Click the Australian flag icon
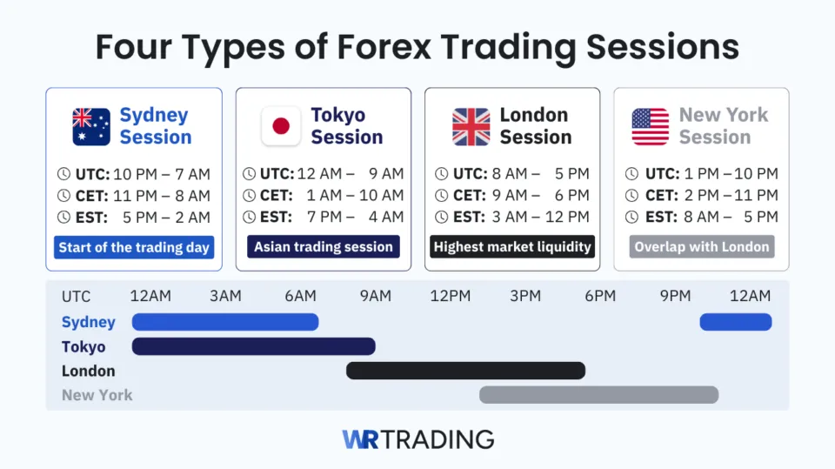[91, 126]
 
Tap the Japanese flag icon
[281, 126]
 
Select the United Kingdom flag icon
[471, 126]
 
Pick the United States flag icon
[651, 126]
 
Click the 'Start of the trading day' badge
[134, 247]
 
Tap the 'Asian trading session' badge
[324, 247]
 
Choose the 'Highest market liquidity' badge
[512, 247]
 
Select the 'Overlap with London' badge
[702, 247]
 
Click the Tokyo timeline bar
[253, 346]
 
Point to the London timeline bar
[465, 371]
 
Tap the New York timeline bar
[598, 395]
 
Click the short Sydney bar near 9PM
[736, 322]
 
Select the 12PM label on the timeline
[451, 296]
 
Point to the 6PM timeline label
[600, 296]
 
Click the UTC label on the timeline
[76, 297]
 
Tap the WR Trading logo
[417, 439]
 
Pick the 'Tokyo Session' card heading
[346, 126]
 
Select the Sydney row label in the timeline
[89, 322]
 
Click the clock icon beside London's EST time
[441, 217]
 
